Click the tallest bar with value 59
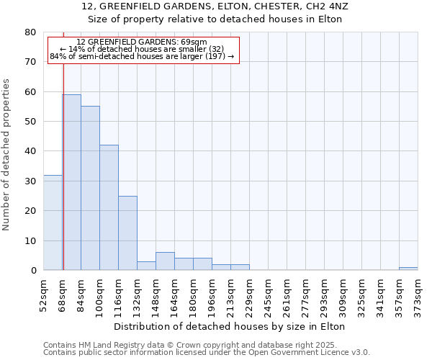point(71,182)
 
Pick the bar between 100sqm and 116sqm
point(109,207)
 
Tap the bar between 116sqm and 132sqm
point(127,233)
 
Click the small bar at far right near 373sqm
point(408,269)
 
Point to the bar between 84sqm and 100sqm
point(90,188)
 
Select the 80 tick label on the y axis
point(30,32)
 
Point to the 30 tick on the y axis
point(30,181)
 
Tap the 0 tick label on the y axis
point(33,271)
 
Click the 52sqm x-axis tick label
point(44,294)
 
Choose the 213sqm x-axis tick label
point(231,294)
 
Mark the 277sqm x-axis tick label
point(306,294)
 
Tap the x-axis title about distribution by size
point(230,326)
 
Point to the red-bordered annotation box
point(143,49)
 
